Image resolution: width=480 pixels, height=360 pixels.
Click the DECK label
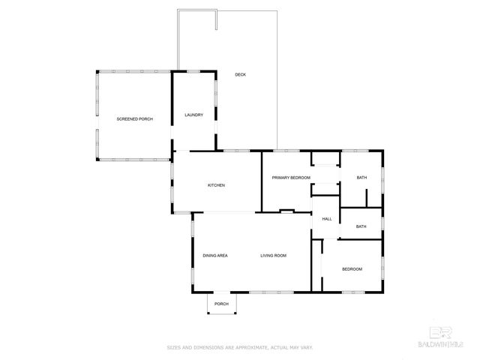click(x=240, y=74)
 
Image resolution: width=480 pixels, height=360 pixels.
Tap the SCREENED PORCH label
click(x=134, y=119)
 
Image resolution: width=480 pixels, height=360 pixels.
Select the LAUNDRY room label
click(x=193, y=115)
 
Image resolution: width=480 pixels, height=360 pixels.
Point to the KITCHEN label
click(x=216, y=185)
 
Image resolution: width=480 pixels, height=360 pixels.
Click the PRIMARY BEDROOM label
click(x=291, y=178)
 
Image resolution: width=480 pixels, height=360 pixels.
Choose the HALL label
click(x=326, y=219)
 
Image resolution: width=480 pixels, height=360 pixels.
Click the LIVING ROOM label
click(x=273, y=256)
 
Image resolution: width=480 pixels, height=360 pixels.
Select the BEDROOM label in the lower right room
click(x=352, y=268)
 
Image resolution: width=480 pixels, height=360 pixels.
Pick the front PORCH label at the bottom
click(x=221, y=304)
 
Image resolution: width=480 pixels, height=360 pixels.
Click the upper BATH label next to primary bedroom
click(x=361, y=178)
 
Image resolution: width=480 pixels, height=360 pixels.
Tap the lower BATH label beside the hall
click(x=361, y=226)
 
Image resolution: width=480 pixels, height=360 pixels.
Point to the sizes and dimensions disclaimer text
click(x=240, y=347)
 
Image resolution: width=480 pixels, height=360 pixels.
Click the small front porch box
click(x=221, y=303)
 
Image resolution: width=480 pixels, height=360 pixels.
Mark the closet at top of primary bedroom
click(x=325, y=158)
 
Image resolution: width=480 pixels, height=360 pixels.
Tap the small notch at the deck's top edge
click(x=215, y=19)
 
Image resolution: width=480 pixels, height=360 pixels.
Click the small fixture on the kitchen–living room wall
click(x=285, y=211)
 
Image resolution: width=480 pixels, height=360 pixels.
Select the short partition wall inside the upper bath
click(x=366, y=196)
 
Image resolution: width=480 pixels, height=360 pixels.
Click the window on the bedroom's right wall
click(x=382, y=266)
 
